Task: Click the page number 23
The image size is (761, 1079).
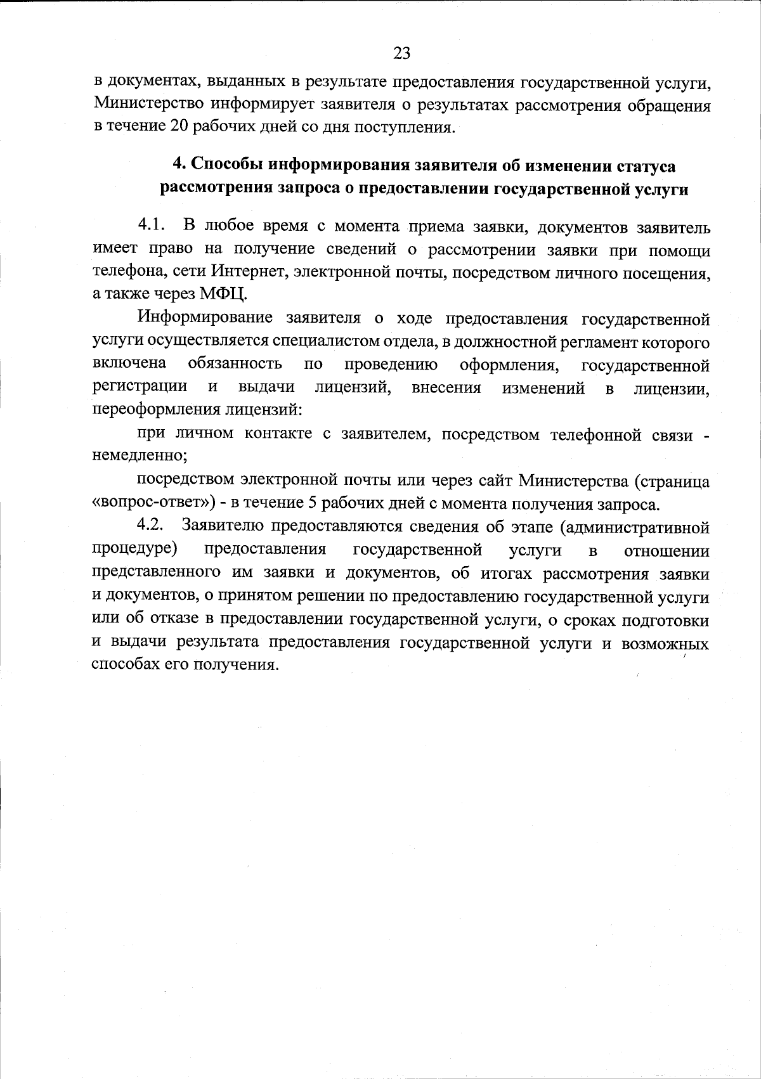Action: [x=401, y=53]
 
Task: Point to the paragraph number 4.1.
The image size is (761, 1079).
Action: [x=152, y=226]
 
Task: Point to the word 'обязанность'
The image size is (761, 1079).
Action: [x=235, y=365]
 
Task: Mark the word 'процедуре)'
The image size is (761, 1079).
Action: [x=134, y=548]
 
